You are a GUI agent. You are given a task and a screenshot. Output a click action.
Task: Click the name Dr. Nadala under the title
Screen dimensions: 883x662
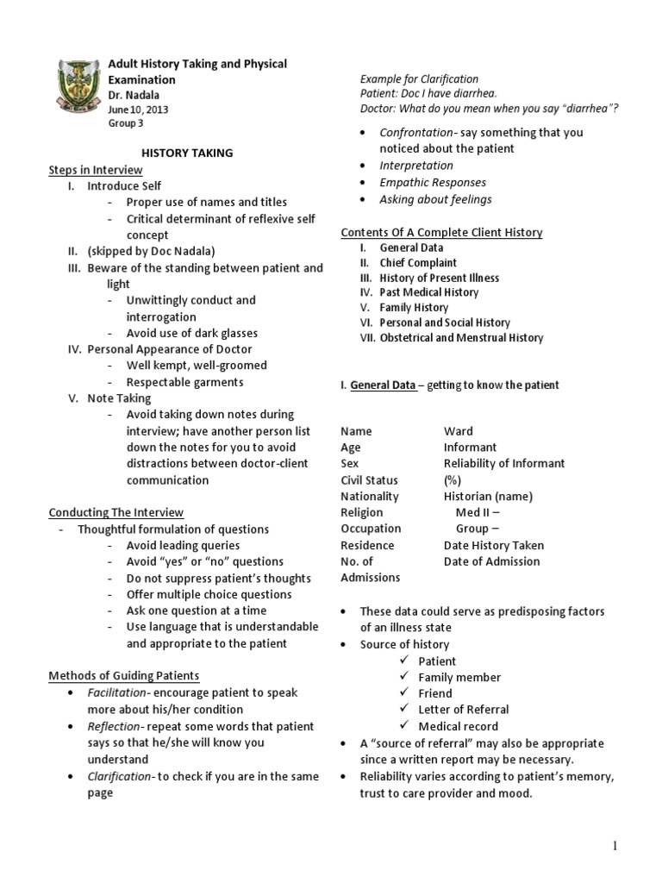[134, 95]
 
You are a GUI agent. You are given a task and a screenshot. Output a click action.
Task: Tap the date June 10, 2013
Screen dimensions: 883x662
[138, 110]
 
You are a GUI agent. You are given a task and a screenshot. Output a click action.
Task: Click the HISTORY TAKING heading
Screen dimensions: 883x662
[187, 153]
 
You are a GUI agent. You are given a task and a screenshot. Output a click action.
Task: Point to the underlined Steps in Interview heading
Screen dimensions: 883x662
[96, 170]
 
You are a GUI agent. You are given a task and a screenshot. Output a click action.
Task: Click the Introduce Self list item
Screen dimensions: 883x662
[124, 185]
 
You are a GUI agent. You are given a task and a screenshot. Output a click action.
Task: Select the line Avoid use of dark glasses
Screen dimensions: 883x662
[191, 333]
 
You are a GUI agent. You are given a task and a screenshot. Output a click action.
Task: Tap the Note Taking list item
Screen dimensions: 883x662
[119, 398]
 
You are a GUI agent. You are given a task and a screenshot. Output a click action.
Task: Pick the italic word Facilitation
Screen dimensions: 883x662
[119, 693]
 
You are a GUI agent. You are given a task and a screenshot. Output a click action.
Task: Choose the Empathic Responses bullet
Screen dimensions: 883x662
[433, 183]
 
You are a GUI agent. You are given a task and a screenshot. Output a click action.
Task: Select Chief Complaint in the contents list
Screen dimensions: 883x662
[418, 263]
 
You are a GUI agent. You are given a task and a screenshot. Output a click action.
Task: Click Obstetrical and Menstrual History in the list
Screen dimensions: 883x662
[461, 338]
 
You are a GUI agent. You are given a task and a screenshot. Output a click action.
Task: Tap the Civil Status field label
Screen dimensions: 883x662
[370, 480]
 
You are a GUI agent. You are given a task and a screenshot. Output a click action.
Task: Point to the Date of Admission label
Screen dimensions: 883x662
[491, 561]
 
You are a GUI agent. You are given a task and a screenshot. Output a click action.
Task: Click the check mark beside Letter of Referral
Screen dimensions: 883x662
[404, 710]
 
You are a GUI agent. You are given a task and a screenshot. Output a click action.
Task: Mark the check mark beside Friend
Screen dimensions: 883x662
[404, 693]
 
